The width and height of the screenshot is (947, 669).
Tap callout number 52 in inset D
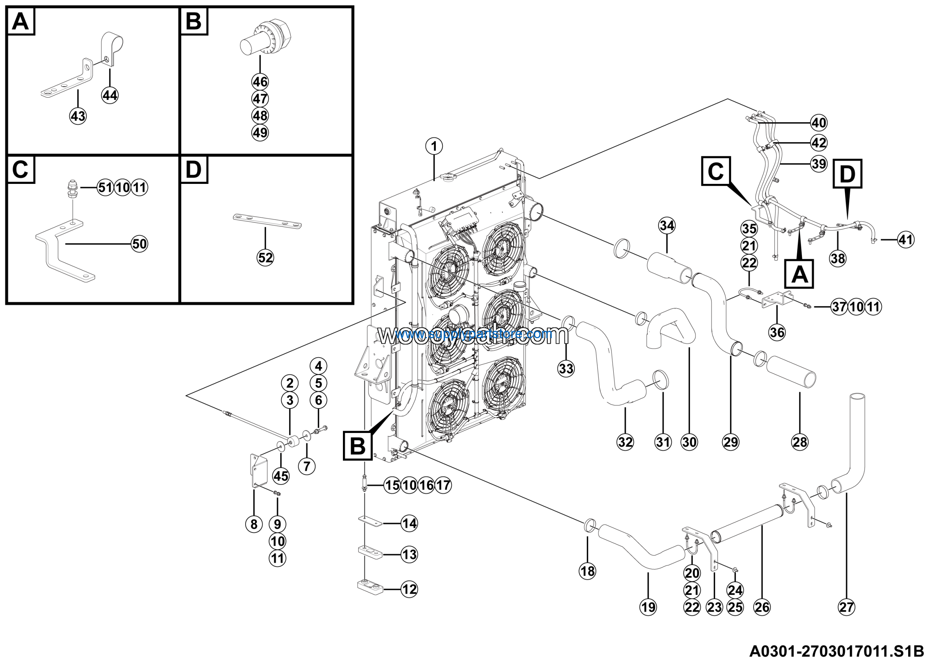point(265,258)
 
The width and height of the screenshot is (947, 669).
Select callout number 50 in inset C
point(139,244)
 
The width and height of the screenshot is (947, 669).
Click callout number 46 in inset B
point(260,82)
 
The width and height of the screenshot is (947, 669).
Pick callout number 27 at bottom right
point(846,607)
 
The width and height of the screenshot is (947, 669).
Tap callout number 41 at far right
point(906,240)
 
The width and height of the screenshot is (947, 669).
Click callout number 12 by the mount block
point(409,589)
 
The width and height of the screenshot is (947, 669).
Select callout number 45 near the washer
point(281,476)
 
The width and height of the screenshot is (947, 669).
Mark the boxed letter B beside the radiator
point(357,446)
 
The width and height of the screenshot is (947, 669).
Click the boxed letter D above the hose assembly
point(847,174)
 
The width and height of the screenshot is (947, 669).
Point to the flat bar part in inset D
point(267,222)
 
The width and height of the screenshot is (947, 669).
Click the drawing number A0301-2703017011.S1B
point(836,651)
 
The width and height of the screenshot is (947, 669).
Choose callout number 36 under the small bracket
point(777,332)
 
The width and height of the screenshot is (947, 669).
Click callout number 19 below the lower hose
point(648,607)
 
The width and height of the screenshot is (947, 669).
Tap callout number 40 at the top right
point(819,122)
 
